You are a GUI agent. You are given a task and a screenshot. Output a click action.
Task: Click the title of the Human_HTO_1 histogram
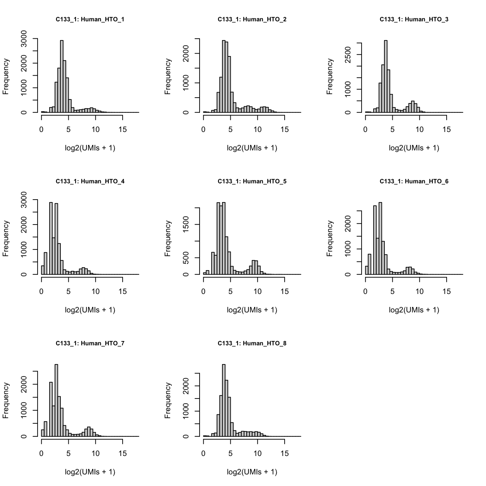[90, 20]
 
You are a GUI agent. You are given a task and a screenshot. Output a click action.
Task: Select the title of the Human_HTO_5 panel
[252, 182]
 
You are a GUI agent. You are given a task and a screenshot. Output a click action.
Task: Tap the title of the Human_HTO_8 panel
[252, 344]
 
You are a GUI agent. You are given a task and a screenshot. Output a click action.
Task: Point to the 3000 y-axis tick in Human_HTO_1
[24, 38]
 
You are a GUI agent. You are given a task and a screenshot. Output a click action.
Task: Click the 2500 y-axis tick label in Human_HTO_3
[348, 55]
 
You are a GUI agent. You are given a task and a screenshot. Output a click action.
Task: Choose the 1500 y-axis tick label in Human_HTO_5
[186, 225]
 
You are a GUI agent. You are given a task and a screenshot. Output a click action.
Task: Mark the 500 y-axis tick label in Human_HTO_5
[186, 258]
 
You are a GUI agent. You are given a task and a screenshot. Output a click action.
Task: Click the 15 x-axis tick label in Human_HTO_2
[285, 130]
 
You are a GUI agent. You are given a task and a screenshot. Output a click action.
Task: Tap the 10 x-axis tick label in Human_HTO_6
[419, 292]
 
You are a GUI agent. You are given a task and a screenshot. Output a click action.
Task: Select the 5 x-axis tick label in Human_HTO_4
[68, 292]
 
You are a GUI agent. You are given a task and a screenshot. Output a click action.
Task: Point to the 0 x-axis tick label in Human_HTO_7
[42, 454]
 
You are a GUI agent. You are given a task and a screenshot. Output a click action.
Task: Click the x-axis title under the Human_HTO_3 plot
[414, 148]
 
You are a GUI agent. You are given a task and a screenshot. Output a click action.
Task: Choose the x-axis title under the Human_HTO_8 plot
[252, 472]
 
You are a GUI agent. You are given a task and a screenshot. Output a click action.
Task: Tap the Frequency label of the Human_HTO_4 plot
[6, 239]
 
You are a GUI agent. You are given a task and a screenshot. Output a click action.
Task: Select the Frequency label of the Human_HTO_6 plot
[330, 239]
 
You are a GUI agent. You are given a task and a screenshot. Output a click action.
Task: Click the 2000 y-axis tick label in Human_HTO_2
[186, 54]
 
